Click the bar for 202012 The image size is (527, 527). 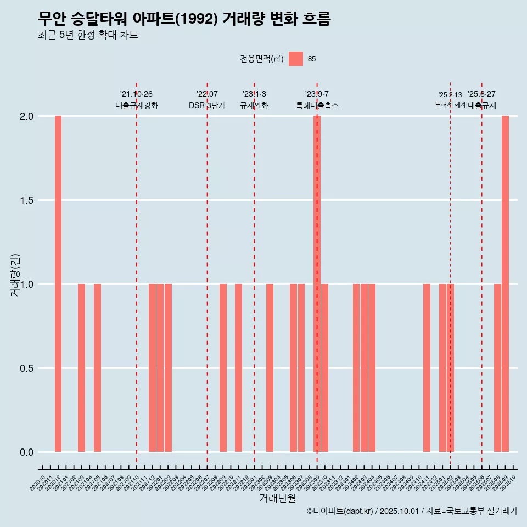(x=58, y=284)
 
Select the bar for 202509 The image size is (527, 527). (x=505, y=284)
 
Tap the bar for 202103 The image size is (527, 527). (x=81, y=368)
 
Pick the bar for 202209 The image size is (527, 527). (x=223, y=368)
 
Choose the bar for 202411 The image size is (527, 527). (x=427, y=368)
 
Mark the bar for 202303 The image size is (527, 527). (x=270, y=368)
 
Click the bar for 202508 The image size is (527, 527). (x=497, y=368)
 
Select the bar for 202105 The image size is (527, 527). (x=97, y=368)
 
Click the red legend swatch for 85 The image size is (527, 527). (x=296, y=59)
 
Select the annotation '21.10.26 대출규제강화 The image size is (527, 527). (x=137, y=100)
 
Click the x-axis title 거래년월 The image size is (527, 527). (x=277, y=498)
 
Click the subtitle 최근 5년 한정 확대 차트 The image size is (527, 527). (x=88, y=35)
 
